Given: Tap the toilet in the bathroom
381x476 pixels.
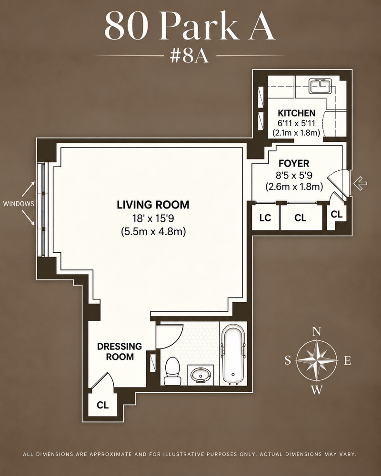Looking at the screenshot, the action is click(172, 371).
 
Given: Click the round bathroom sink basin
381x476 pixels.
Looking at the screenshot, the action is click(201, 375).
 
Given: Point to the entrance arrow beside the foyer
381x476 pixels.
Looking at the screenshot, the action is click(361, 183).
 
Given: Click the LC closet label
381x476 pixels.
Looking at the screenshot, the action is click(265, 218).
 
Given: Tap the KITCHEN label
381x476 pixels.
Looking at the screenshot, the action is click(297, 113).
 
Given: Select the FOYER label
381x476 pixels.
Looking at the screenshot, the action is click(294, 163).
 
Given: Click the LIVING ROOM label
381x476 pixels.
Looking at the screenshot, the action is click(153, 205).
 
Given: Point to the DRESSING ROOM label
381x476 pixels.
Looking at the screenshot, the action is click(120, 351).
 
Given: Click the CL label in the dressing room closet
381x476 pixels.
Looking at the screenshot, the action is click(103, 405).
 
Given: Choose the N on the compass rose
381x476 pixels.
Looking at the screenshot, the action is click(317, 331).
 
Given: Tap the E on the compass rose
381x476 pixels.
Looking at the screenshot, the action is click(347, 361).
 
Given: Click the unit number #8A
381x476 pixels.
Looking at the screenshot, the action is click(189, 56).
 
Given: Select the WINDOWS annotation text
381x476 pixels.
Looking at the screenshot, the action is click(19, 204).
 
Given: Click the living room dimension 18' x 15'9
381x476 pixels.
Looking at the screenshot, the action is click(153, 218).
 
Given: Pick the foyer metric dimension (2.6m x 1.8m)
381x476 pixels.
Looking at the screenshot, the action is click(294, 187).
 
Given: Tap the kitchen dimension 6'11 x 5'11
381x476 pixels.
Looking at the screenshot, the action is click(297, 123).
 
